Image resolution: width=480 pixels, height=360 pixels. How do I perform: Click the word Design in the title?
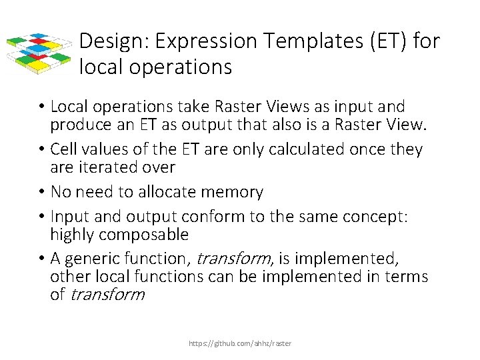(x=113, y=42)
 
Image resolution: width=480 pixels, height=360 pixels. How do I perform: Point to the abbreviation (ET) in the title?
(x=386, y=42)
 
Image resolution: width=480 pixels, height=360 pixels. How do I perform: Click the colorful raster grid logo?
(x=39, y=52)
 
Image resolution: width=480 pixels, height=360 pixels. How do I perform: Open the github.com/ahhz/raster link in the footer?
(x=240, y=343)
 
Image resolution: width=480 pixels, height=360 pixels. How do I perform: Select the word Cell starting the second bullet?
(x=64, y=149)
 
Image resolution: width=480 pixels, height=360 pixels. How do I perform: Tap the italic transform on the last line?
(x=106, y=294)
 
